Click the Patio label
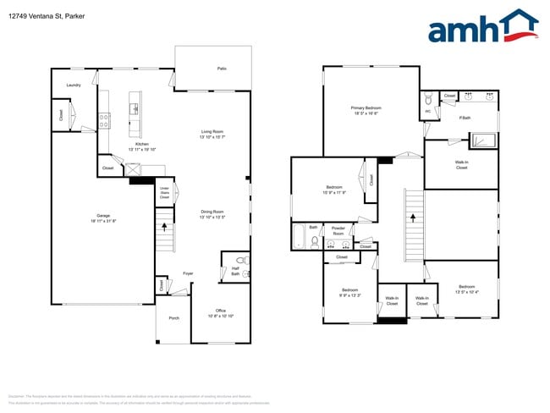(222, 68)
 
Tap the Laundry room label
(74, 85)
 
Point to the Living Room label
(212, 131)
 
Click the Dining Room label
(212, 212)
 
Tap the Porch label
(174, 318)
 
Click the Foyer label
(188, 273)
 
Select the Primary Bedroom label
(366, 108)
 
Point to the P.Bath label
(465, 118)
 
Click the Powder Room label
(338, 229)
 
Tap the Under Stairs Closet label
(165, 194)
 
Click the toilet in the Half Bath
(240, 261)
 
